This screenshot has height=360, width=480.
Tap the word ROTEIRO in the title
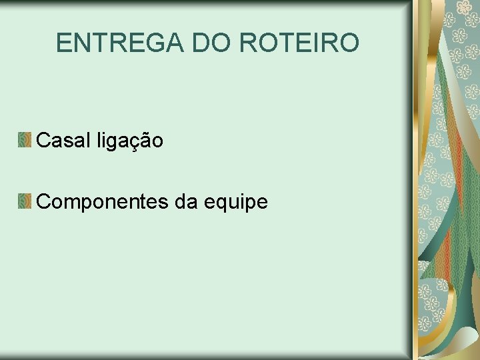click(x=299, y=43)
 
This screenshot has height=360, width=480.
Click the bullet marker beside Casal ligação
click(x=25, y=140)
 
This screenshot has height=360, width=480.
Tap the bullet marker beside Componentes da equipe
click(x=25, y=201)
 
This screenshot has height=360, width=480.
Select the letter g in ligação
click(x=111, y=143)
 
